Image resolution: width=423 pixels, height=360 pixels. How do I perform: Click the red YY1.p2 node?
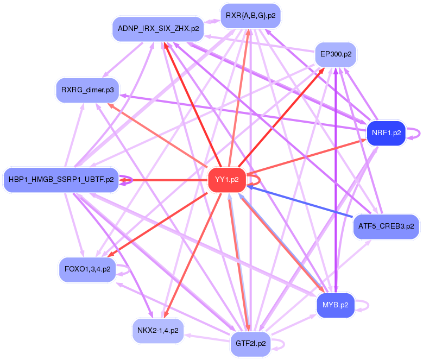point(227,180)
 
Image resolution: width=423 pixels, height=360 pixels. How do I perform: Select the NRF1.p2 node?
point(386,132)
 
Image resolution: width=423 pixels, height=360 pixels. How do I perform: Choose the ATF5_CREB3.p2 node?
point(386,225)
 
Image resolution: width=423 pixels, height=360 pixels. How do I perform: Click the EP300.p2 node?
point(336,54)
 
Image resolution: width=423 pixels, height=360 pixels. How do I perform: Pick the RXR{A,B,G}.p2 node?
point(250,16)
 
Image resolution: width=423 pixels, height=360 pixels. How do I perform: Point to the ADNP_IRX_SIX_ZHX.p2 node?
point(158,28)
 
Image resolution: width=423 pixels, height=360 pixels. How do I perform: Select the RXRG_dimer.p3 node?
point(87,90)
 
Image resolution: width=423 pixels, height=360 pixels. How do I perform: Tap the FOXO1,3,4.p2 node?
point(87,269)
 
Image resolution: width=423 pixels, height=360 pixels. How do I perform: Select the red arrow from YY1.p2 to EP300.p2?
point(282,114)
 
